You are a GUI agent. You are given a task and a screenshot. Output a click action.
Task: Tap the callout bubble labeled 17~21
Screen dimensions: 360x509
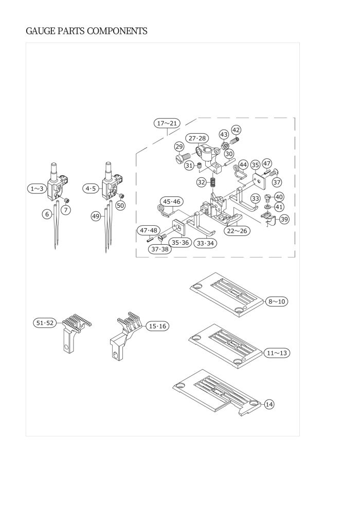coord(167,123)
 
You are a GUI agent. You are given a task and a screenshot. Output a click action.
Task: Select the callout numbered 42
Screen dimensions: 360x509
coord(236,130)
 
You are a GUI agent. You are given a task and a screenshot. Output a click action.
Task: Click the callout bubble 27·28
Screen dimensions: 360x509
coord(197,138)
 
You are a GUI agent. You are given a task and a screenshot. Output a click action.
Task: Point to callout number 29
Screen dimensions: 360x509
coord(179,147)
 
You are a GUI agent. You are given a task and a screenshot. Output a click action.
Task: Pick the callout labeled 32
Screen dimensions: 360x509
coord(201,183)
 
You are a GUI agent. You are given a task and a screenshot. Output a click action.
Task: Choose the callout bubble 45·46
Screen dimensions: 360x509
coord(172,202)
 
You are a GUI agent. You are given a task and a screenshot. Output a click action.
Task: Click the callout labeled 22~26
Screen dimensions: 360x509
coord(237,231)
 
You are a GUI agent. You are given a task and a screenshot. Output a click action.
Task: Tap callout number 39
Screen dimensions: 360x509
coord(284,219)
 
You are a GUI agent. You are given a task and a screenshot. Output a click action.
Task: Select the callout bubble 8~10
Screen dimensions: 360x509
coord(277,302)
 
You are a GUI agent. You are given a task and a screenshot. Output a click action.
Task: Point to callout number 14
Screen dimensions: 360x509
coord(269,405)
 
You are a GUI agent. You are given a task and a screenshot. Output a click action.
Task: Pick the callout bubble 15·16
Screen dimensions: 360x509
coord(157,326)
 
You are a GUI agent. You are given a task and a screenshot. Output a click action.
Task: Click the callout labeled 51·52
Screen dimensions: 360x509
coord(44,323)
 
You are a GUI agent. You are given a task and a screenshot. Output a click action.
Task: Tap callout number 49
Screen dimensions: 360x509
coord(96,216)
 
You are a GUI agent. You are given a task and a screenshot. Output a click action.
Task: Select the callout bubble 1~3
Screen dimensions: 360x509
coord(37,189)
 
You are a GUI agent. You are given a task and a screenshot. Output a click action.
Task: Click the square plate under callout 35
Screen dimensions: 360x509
coord(259,180)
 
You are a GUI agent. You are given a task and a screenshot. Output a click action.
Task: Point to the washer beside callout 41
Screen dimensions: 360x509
coord(267,207)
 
